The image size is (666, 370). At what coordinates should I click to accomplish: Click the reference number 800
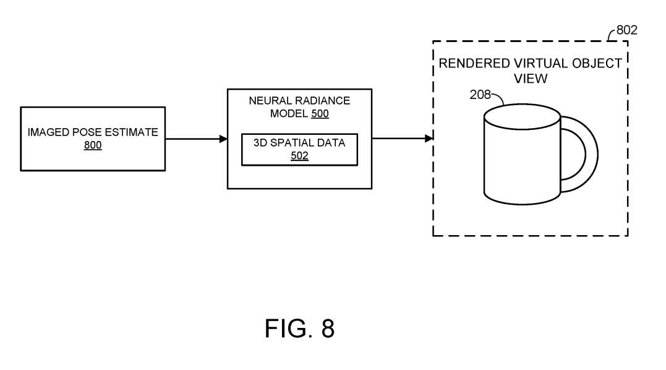[x=93, y=145]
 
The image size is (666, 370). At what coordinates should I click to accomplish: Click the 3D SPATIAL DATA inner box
[x=299, y=149]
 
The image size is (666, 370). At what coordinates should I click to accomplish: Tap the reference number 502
[x=299, y=156]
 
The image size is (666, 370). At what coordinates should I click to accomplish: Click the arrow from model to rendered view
[x=402, y=138]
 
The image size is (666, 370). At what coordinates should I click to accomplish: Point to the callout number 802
[x=626, y=30]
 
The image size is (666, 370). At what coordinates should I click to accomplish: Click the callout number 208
[x=480, y=95]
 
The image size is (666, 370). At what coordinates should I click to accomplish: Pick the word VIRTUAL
[x=537, y=64]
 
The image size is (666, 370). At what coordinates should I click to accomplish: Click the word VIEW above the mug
[x=531, y=79]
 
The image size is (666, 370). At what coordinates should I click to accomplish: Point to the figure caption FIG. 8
[x=299, y=329]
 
